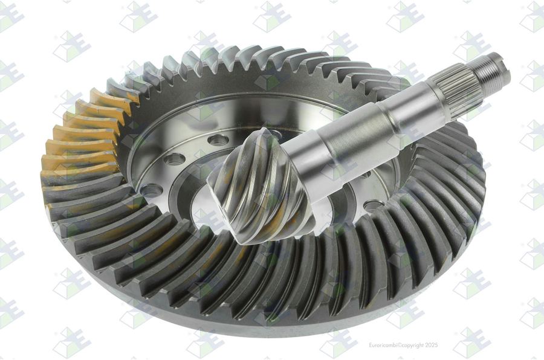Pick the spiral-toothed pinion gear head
coord(259,184)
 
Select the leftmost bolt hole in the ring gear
coord(152,190)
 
